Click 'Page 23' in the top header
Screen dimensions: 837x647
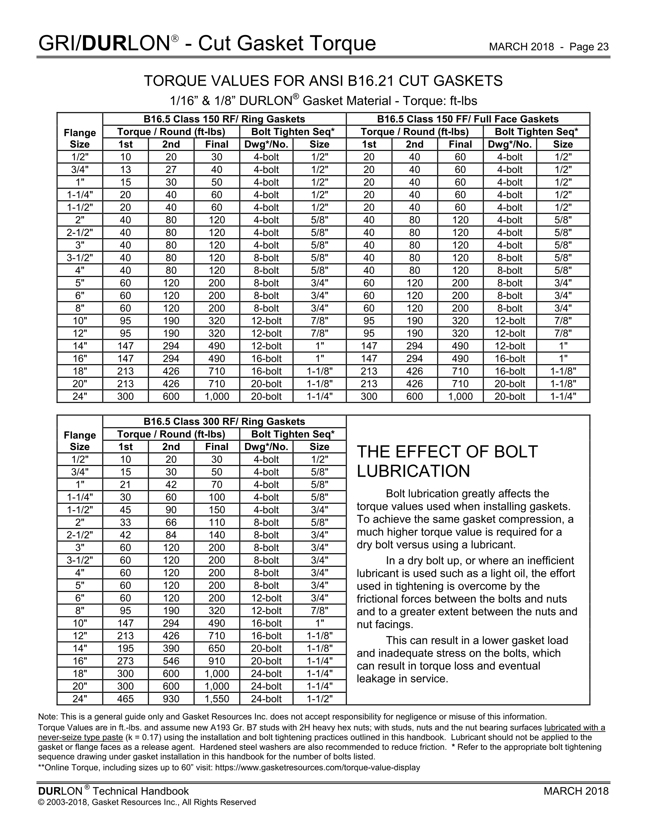pos(589,47)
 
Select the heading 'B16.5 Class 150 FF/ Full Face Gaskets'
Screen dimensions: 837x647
pos(468,119)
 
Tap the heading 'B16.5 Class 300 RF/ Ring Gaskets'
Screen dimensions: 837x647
pos(224,422)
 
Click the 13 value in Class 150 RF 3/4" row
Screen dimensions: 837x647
pos(125,169)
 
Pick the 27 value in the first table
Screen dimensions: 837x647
pos(171,169)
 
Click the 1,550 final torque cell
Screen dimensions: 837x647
pos(217,699)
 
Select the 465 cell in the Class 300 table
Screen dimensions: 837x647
pos(125,699)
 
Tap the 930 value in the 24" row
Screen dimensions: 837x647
pos(171,699)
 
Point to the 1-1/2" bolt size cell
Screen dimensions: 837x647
pos(319,699)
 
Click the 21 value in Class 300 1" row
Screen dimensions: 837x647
pos(125,484)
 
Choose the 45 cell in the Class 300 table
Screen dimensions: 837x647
pos(125,510)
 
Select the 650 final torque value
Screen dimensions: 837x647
pos(217,648)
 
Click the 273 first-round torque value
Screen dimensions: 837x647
pos(125,661)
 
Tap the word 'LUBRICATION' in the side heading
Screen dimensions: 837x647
pos(413,471)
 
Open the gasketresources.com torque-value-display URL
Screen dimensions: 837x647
pos(317,768)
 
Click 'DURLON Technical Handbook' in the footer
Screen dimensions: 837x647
pos(113,791)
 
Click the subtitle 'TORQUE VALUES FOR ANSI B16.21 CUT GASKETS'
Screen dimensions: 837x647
pos(323,81)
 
